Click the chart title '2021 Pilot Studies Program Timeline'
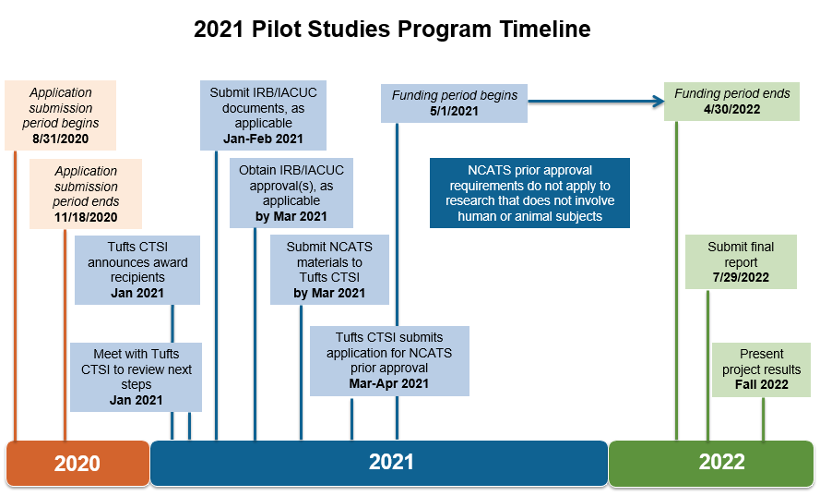click(x=392, y=29)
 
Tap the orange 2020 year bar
click(x=77, y=463)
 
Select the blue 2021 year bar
click(x=379, y=463)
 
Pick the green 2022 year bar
click(x=711, y=463)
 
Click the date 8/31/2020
click(x=61, y=139)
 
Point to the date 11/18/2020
click(x=86, y=217)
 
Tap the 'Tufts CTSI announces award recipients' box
click(x=137, y=270)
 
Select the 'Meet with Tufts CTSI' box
click(x=136, y=377)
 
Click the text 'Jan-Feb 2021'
click(x=263, y=139)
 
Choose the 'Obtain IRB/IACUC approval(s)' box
click(x=291, y=193)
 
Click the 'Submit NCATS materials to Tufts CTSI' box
click(x=329, y=270)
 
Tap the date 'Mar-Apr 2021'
click(x=389, y=384)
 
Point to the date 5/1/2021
click(x=454, y=111)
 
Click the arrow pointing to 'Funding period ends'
click(x=596, y=102)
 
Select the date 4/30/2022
click(x=731, y=110)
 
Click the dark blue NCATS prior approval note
click(x=529, y=193)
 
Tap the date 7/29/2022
click(x=741, y=278)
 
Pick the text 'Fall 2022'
click(x=762, y=384)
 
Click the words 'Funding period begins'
click(x=455, y=95)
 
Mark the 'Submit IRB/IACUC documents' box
click(x=263, y=115)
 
